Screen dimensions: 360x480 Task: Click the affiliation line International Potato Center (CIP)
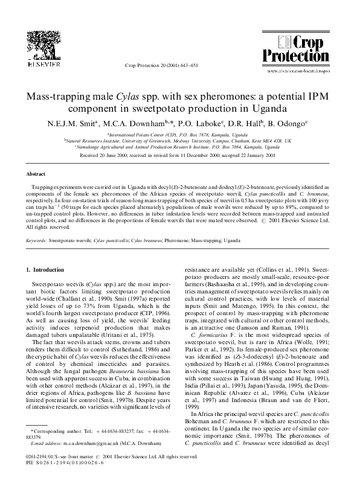pyautogui.click(x=179, y=135)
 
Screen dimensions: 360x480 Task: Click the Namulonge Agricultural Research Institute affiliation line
pyautogui.click(x=179, y=147)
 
